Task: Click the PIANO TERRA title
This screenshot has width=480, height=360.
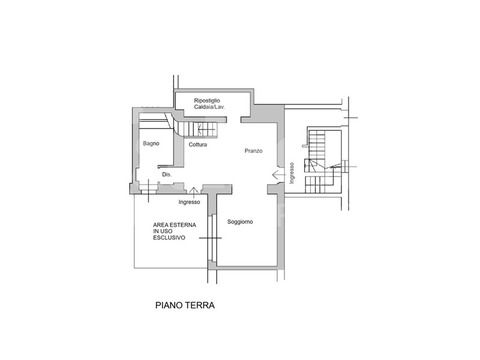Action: click(185, 305)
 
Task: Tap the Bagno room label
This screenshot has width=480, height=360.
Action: click(151, 143)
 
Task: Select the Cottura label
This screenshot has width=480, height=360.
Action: click(198, 145)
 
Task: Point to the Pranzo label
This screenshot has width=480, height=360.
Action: click(253, 151)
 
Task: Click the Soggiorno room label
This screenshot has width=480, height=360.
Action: click(240, 221)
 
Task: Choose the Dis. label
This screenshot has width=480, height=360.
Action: click(167, 175)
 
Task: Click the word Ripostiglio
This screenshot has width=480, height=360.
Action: click(207, 101)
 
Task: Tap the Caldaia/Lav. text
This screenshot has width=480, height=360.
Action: click(209, 107)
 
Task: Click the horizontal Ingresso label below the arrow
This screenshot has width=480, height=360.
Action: click(189, 202)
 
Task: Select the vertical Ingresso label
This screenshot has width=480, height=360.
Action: click(292, 173)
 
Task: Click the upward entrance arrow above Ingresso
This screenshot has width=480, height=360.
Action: click(193, 190)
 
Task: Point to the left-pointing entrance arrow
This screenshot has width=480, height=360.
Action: click(279, 175)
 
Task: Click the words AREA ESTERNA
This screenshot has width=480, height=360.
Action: click(175, 224)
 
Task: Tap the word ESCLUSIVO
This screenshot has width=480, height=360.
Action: click(169, 238)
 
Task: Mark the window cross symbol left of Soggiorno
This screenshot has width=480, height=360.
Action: click(211, 238)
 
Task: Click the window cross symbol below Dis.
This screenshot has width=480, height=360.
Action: click(149, 190)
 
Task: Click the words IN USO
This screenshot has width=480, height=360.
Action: click(163, 231)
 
